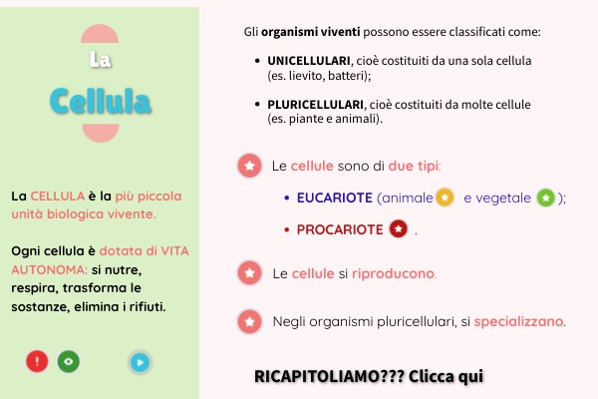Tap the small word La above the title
pos(100,61)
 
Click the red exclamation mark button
pos(37,362)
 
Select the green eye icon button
pos(68,362)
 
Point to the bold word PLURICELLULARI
pos(316,104)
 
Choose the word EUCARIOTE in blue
pos(335,198)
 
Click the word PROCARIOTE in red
pos(340,229)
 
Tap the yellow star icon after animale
pos(446,197)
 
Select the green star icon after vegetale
pos(545,197)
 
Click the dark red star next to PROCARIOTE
pos(399,229)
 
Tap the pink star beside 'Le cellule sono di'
pos(248,166)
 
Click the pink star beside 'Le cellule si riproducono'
pos(248,272)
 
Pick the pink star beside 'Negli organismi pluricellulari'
pos(248,321)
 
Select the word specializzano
pos(519,322)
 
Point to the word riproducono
pos(394,273)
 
